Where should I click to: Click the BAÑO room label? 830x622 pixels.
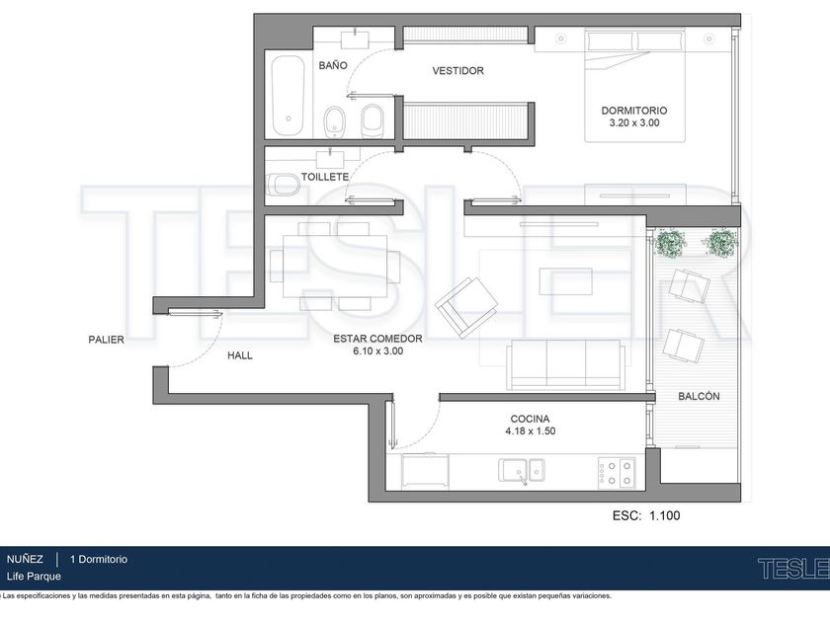tap(333, 65)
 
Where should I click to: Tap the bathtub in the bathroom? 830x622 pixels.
tap(289, 96)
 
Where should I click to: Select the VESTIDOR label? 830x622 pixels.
tap(457, 70)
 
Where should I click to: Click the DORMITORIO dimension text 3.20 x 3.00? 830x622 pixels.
tap(634, 122)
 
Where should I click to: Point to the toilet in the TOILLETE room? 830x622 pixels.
tap(283, 185)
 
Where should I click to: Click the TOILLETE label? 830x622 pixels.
tap(325, 177)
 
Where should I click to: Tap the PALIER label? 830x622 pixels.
tap(106, 340)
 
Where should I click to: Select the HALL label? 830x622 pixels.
tap(240, 355)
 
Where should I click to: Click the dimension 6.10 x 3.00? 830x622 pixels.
tap(377, 350)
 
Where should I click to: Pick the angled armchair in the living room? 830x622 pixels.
tap(465, 307)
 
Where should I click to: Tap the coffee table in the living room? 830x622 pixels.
tap(566, 281)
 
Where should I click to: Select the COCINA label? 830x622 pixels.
tap(530, 419)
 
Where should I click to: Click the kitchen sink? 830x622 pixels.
tap(522, 470)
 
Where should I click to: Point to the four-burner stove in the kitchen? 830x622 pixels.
tap(617, 472)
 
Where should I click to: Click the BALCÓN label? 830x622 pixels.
tap(699, 396)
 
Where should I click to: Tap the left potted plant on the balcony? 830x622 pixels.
tap(671, 244)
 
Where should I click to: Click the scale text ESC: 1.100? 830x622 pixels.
tap(646, 515)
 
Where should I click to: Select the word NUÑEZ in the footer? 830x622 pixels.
tap(25, 559)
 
